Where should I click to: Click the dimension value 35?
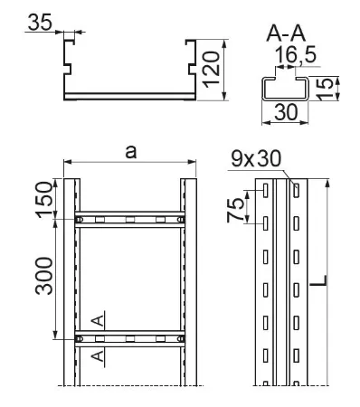40,22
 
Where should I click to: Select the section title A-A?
286,33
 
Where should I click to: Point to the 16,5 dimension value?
296,55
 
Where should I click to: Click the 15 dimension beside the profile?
325,89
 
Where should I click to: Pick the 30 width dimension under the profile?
286,112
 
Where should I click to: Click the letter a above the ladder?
131,152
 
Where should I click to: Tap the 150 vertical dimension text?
44,200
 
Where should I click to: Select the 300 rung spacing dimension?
44,276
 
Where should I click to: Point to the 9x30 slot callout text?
256,159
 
